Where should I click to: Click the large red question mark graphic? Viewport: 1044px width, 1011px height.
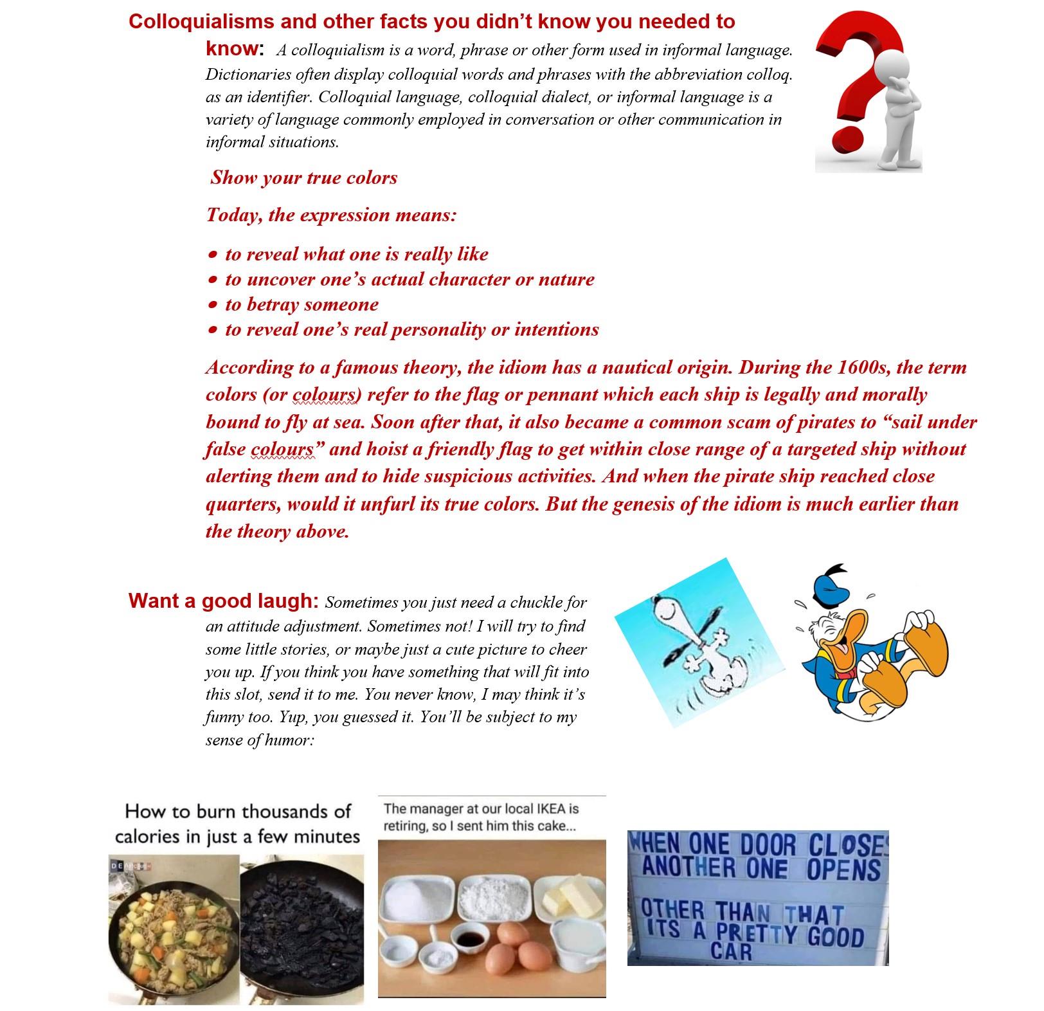(x=849, y=77)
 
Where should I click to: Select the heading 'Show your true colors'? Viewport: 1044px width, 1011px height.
(x=303, y=178)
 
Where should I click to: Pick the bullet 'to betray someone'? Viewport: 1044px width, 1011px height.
(x=301, y=304)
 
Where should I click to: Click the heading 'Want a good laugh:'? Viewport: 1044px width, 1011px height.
(x=223, y=601)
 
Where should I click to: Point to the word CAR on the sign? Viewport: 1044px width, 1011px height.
(x=731, y=951)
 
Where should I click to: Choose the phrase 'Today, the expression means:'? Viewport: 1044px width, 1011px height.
(x=331, y=215)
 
